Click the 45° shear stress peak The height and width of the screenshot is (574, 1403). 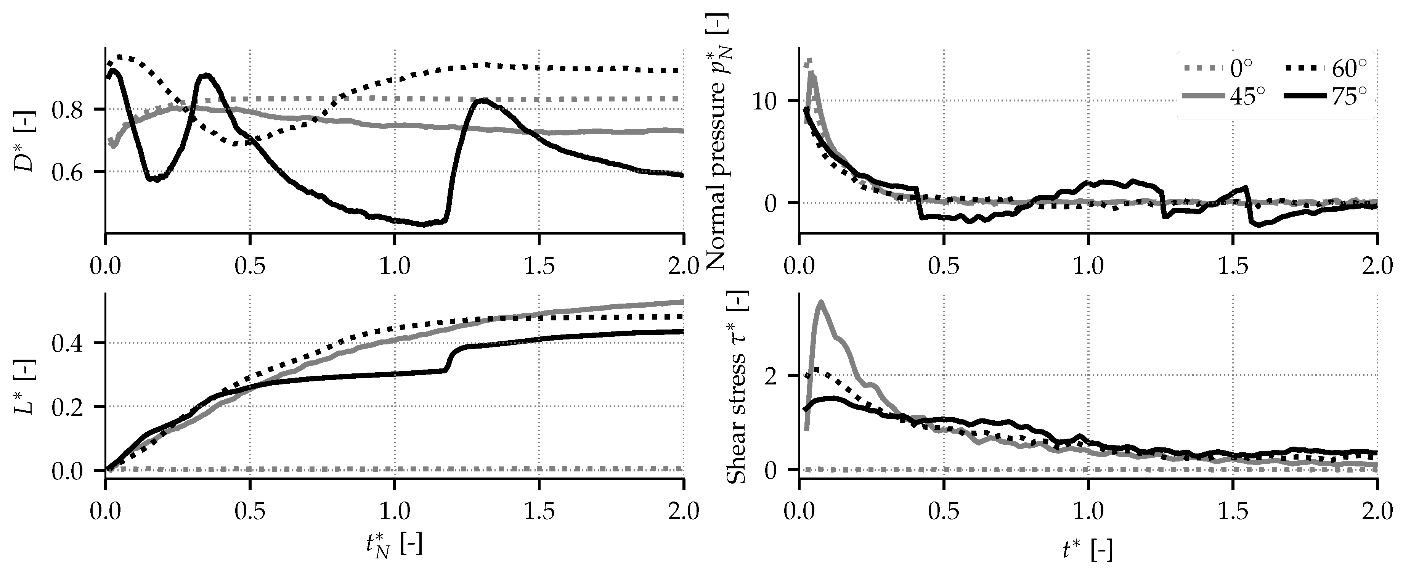tap(820, 302)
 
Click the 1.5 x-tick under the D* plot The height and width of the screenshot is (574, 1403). tap(539, 267)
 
